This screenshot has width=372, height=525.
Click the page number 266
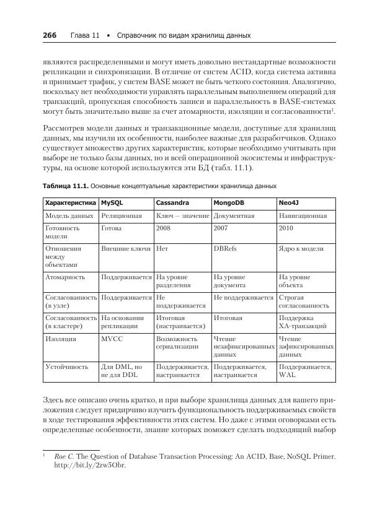click(49, 35)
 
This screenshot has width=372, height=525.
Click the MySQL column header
click(113, 202)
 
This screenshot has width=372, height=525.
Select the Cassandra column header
click(172, 202)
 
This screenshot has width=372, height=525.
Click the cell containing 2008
click(164, 228)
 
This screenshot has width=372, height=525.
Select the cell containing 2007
click(221, 228)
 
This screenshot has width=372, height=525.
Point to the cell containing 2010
click(287, 228)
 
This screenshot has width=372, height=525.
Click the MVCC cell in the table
click(112, 339)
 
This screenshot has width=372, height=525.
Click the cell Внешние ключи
click(126, 248)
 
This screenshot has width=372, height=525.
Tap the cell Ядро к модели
click(301, 248)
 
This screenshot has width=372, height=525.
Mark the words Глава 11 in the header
click(85, 35)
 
